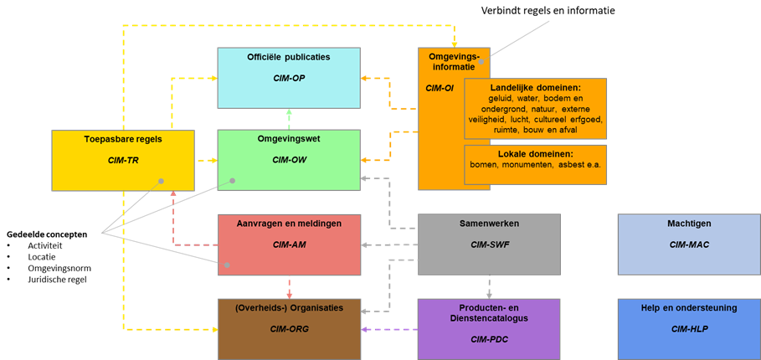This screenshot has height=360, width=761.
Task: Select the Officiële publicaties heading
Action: pos(289,57)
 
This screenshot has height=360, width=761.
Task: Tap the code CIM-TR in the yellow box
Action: pos(123,159)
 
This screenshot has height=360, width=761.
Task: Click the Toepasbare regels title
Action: pos(123,139)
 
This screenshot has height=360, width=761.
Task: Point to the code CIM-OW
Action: pos(290,159)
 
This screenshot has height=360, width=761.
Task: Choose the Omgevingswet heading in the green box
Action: pos(290,139)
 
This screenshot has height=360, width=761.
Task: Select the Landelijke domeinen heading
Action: pos(536,87)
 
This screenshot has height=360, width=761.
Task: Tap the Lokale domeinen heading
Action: pos(535,154)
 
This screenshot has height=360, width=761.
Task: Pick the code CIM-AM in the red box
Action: pos(290,244)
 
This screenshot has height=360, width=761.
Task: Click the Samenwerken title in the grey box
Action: pos(489,224)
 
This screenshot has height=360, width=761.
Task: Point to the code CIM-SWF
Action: pos(489,244)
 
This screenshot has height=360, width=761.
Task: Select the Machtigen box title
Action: pos(689,224)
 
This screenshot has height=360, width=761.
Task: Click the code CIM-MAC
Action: pos(689,244)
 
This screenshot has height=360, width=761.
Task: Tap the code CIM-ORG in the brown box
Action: pos(290,329)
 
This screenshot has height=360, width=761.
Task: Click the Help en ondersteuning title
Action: pos(689,307)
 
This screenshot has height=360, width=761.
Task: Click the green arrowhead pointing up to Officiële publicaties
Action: pos(290,112)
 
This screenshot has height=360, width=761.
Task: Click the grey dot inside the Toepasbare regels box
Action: pos(160,181)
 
